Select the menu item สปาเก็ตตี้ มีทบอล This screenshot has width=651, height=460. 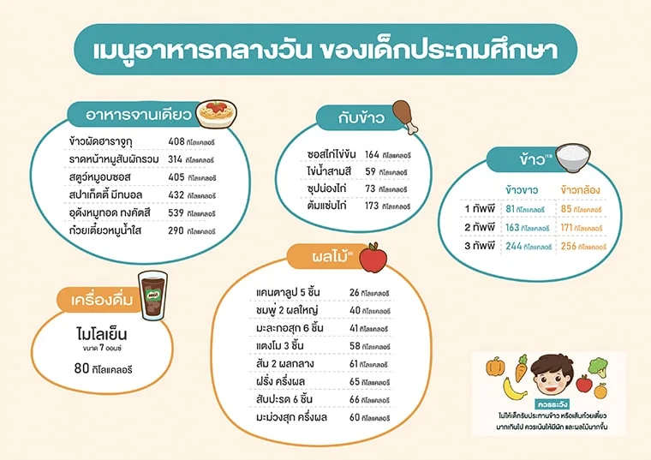pos(107,194)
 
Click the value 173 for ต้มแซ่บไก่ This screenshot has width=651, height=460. pos(371,206)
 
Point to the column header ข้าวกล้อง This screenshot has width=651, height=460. pos(580,188)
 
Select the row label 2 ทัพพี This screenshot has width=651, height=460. pos(479,228)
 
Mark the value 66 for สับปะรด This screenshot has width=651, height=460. pos(355,400)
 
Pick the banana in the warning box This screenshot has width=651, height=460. pos(513,391)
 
